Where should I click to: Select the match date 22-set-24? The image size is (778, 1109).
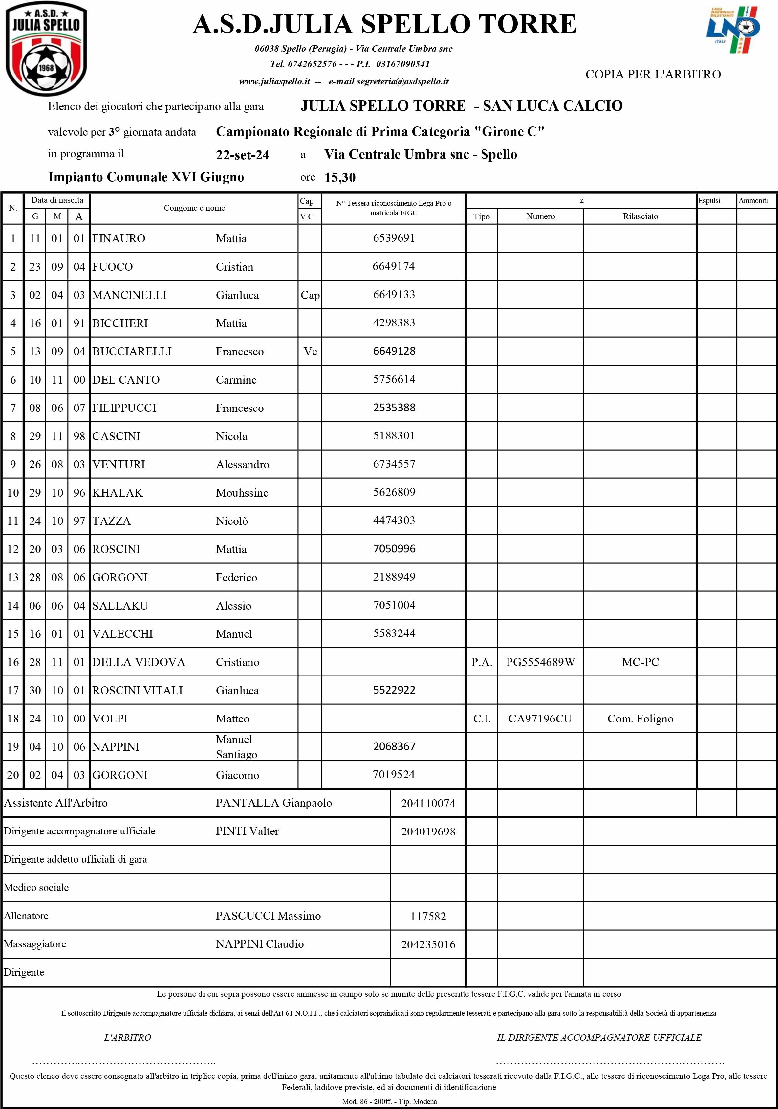243,155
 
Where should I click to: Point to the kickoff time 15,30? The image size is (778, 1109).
340,178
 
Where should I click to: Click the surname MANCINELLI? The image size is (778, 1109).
129,295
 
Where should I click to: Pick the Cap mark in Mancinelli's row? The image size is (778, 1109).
310,295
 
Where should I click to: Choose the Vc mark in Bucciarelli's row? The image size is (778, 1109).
310,352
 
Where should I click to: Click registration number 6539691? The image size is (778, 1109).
394,238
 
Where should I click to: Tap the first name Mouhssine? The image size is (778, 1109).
242,493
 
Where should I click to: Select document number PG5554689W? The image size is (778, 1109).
540,662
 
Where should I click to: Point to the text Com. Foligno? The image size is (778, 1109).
640,719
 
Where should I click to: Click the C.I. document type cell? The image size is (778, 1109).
482,719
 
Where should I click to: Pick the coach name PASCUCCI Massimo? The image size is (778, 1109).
268,916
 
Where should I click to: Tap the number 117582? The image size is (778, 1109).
428,916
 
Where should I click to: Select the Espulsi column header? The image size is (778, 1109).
709,200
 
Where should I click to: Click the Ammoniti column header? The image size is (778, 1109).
753,200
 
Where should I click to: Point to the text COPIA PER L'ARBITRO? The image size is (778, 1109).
653,75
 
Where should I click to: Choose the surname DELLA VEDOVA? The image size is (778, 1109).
139,662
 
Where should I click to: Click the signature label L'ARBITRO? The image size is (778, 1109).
127,1037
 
